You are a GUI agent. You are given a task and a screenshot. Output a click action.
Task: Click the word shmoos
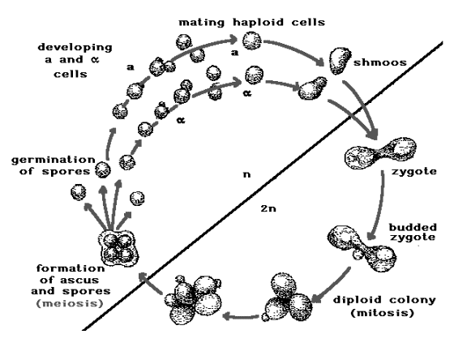click(x=380, y=62)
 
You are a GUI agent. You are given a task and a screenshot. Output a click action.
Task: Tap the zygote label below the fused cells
click(x=413, y=172)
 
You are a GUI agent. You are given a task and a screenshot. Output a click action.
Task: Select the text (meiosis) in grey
click(x=70, y=304)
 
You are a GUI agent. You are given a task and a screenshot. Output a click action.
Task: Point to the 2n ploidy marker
click(x=268, y=208)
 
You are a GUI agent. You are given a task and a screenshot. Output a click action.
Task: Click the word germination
click(x=54, y=161)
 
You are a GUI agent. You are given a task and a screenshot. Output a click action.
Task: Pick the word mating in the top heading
click(x=201, y=23)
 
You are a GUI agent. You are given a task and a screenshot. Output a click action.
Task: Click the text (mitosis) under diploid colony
click(x=383, y=313)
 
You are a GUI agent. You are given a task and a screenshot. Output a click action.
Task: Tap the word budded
click(x=413, y=227)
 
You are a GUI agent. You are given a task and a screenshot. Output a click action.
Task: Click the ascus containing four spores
click(x=118, y=247)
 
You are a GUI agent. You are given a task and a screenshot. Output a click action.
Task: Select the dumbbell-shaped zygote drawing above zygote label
click(x=380, y=153)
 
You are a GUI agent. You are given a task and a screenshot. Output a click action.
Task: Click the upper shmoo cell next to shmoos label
click(x=339, y=61)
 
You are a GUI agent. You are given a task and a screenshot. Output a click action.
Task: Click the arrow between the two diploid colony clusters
click(x=240, y=316)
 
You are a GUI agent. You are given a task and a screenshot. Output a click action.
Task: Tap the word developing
click(x=75, y=48)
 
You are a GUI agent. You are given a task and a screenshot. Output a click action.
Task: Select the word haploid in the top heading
click(x=258, y=23)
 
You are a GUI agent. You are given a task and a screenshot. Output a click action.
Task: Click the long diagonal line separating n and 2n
click(x=263, y=186)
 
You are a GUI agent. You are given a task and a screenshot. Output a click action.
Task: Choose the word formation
click(x=71, y=268)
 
